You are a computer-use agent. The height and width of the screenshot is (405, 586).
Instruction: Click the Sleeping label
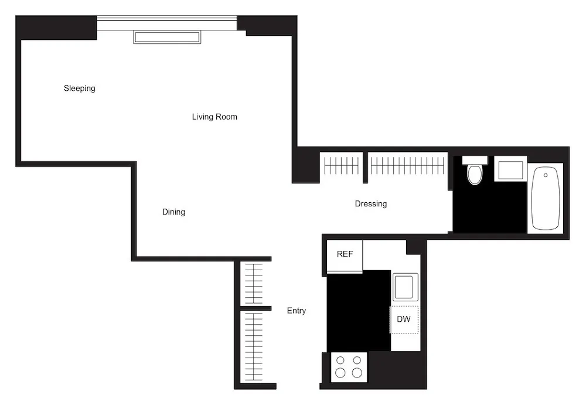[79, 89]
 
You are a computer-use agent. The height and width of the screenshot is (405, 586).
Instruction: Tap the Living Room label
[214, 117]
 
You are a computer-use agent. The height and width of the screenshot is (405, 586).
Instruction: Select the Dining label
[173, 212]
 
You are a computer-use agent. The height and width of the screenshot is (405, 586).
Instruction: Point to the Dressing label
[370, 204]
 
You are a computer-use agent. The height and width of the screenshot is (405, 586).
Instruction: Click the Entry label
[296, 311]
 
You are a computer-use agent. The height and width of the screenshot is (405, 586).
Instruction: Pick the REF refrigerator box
[345, 255]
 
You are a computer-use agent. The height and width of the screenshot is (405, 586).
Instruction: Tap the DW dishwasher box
[404, 319]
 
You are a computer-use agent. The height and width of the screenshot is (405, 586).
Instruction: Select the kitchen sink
[404, 288]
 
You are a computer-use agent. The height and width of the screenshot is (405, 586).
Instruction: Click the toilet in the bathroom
[474, 174]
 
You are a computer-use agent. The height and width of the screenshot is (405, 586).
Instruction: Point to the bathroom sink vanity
[510, 169]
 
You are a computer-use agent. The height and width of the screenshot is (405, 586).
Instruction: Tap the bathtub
[545, 198]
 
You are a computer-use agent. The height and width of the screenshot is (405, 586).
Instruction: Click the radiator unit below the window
[167, 37]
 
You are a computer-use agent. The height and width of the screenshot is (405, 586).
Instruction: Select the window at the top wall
[167, 22]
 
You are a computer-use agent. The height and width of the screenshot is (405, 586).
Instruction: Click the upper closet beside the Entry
[254, 283]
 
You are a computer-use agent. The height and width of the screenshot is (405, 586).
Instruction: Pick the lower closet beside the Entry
[254, 346]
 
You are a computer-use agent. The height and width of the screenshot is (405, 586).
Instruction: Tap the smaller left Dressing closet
[341, 166]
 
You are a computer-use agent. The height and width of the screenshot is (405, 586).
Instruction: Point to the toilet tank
[475, 160]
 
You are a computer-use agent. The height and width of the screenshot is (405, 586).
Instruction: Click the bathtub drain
[546, 175]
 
